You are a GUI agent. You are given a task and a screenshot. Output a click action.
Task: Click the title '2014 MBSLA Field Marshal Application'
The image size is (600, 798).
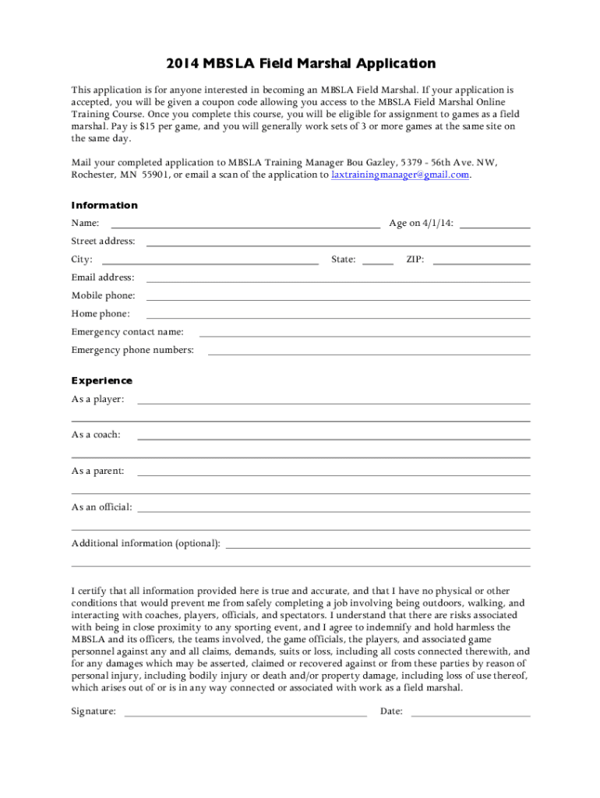point(299,64)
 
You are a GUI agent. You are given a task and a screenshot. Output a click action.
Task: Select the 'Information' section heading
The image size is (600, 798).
point(104,206)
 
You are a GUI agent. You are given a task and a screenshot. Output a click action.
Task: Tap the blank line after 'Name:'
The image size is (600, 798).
point(245,226)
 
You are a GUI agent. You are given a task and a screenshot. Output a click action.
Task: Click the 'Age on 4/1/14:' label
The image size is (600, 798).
point(421,224)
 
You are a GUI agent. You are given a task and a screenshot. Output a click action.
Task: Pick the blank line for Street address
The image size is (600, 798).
point(338,245)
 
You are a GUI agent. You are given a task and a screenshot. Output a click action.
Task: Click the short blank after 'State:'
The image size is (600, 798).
point(378,263)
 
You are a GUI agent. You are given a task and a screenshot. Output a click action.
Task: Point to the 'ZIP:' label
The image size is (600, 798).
point(415,260)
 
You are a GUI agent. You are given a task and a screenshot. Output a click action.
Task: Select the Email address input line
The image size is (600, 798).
point(338,281)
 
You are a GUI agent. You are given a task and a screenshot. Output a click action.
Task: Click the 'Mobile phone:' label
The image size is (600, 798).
point(103,295)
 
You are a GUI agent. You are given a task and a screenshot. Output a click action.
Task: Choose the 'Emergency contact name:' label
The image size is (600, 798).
point(128,332)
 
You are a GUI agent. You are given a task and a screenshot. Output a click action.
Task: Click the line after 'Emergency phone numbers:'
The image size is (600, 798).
point(369,353)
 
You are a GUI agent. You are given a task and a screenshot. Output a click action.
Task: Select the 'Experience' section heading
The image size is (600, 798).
point(102,381)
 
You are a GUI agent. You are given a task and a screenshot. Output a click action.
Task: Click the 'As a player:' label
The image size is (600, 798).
point(97,400)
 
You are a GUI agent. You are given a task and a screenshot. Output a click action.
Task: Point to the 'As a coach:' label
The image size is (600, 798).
point(96,435)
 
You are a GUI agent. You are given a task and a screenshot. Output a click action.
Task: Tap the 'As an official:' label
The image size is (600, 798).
point(101,507)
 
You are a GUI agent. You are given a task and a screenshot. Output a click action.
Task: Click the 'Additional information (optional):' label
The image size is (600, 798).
point(146,543)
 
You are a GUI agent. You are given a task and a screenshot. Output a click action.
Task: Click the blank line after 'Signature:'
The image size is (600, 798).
point(245,714)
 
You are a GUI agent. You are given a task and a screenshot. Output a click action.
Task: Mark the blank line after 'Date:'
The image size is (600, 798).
point(470,714)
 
